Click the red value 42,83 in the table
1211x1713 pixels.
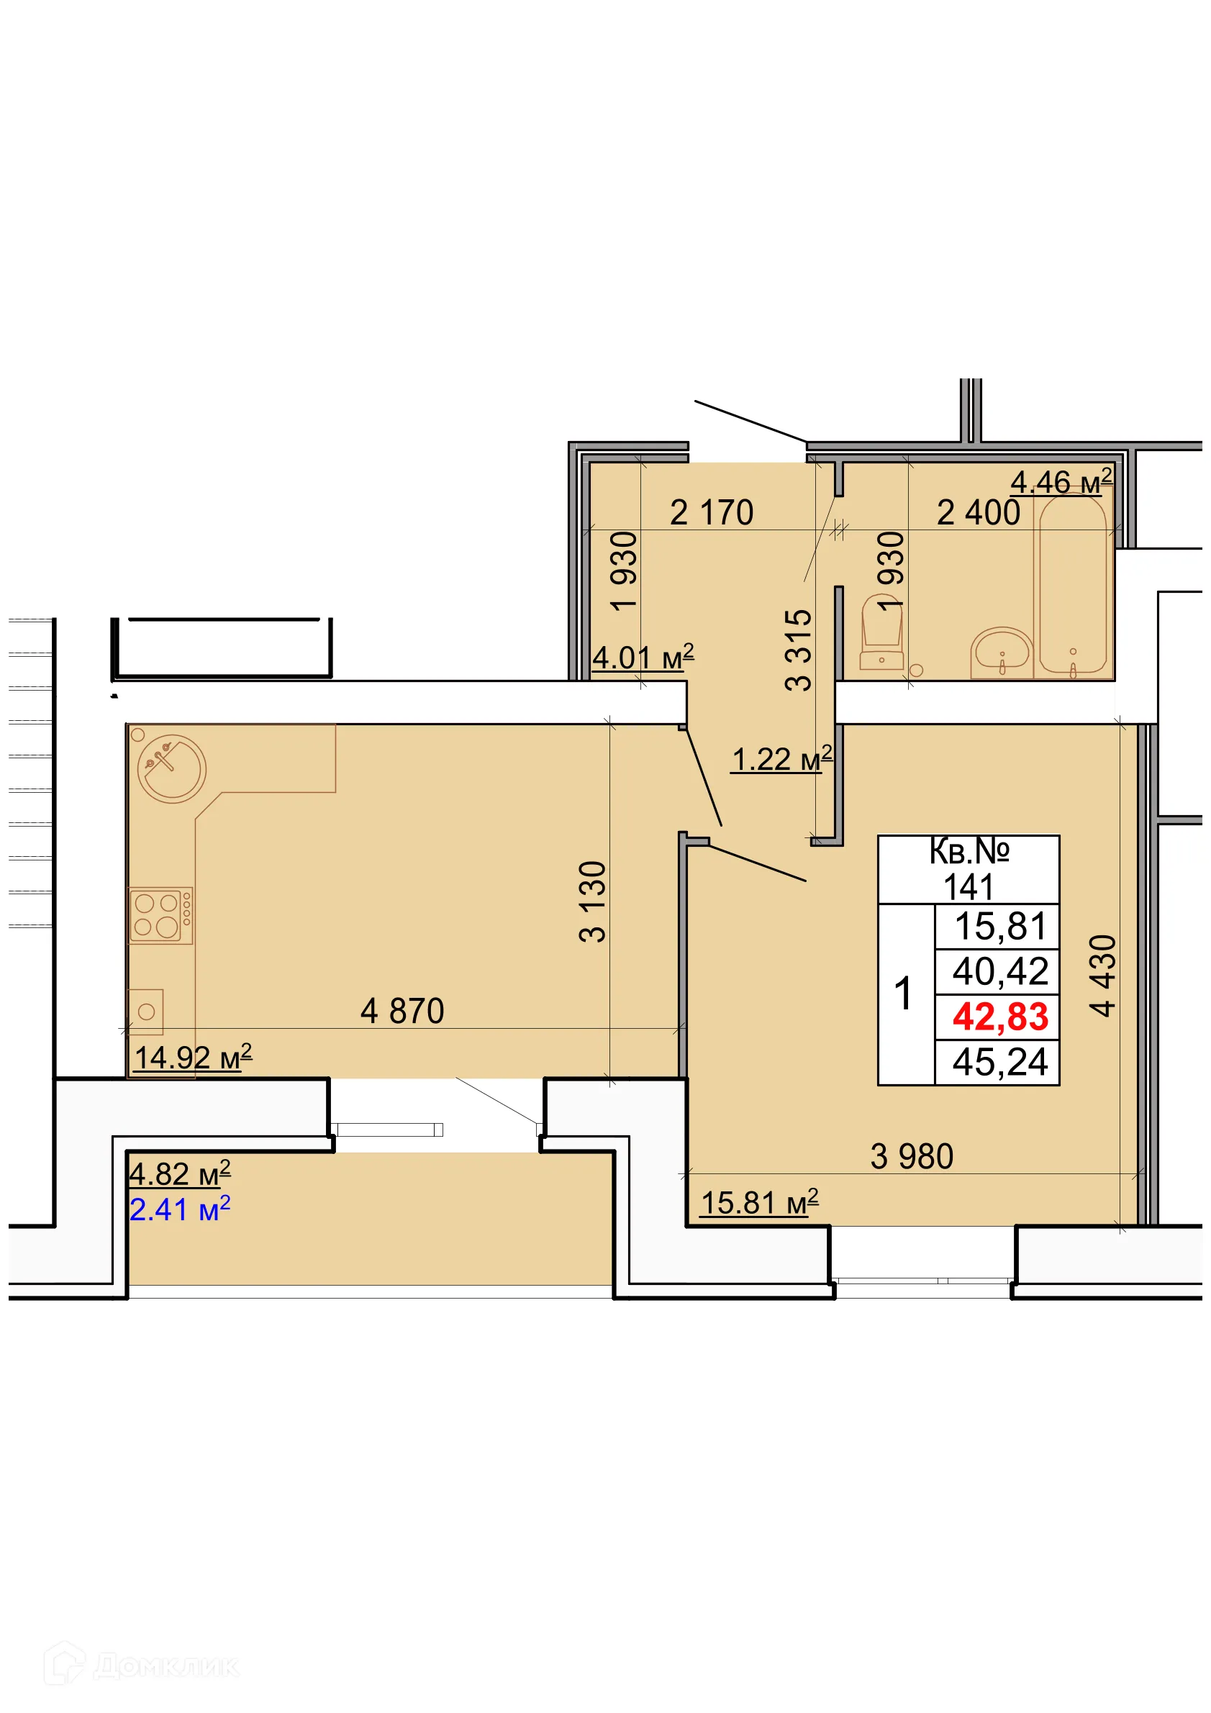1000,1017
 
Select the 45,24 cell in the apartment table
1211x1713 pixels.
1000,1062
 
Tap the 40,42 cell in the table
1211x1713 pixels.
1000,971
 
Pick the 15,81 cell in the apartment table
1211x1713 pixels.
1000,927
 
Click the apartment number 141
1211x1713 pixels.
969,888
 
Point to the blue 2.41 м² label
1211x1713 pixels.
180,1209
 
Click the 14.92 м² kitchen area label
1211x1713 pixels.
193,1057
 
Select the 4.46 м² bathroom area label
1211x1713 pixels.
1061,482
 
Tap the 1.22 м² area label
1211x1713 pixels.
781,760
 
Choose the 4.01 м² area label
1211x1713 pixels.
643,658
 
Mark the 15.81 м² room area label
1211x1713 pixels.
759,1203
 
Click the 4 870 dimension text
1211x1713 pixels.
402,1012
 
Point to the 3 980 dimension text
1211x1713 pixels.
911,1156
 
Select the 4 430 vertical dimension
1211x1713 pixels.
1102,976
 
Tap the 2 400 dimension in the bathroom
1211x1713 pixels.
977,512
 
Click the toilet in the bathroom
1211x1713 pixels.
881,633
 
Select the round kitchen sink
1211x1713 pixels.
172,768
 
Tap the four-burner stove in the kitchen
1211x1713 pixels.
160,915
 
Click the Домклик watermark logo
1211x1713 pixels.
142,1666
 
